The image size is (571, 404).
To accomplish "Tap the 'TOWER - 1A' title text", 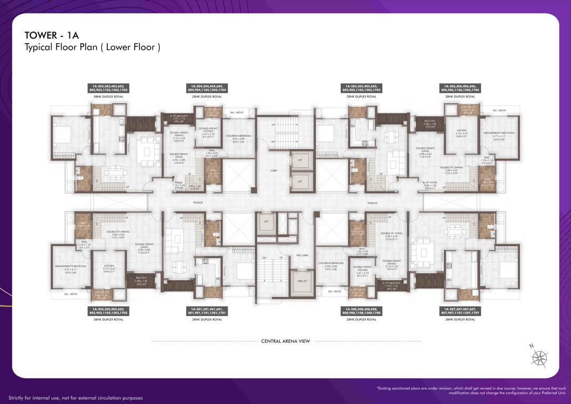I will click(52, 35).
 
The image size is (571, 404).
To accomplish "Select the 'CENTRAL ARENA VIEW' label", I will click(285, 341).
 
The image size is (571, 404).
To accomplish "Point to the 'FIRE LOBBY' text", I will click(302, 255).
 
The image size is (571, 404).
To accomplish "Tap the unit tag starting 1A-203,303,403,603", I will click(109, 88).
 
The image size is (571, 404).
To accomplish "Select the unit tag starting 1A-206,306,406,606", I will click(461, 88).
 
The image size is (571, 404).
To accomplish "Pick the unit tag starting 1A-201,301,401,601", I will click(207, 310).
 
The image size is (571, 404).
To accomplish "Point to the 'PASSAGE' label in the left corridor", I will click(198, 203).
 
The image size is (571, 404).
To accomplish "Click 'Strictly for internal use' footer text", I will click(75, 398).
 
